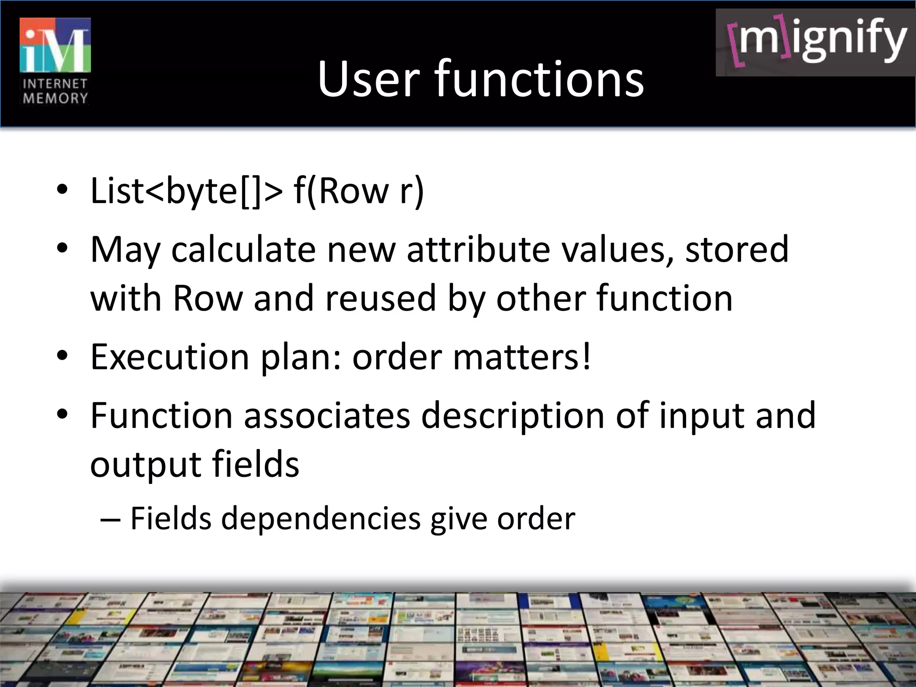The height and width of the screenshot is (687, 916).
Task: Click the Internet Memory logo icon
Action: [55, 45]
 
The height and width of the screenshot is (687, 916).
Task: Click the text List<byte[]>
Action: [187, 191]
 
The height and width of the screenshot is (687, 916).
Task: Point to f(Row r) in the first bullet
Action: [359, 191]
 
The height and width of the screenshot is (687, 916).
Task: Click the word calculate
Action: [243, 250]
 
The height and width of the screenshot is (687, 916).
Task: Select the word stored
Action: [737, 250]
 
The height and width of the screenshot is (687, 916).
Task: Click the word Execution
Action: [170, 357]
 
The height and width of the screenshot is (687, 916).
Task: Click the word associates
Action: [327, 416]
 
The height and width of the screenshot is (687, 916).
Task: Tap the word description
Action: [513, 416]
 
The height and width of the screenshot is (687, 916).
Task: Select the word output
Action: [145, 464]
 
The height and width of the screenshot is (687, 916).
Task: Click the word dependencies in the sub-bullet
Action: [321, 519]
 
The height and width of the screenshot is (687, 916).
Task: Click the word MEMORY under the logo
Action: [55, 98]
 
